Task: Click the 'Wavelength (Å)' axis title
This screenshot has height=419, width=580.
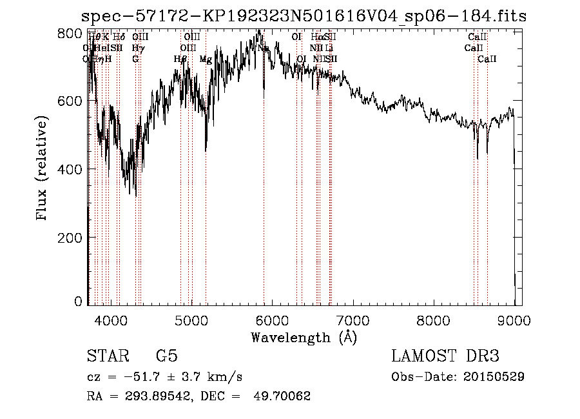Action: coord(304,337)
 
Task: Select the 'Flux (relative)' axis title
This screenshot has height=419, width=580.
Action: coord(43,169)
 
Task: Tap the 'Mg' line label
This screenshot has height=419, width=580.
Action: coord(206,59)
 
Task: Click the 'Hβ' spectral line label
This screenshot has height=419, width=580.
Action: coord(180,59)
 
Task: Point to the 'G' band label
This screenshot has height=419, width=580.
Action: coord(135,59)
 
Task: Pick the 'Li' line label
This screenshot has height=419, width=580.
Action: coord(329,48)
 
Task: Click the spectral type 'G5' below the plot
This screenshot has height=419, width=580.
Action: coord(167,356)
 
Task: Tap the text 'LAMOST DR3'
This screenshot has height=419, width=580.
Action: coord(445,356)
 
